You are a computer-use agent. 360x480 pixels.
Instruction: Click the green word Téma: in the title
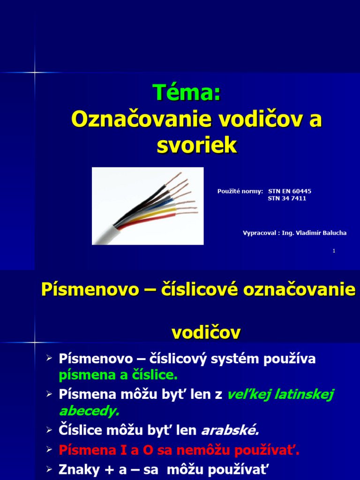(187, 92)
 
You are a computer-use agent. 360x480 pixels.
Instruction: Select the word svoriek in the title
(196, 145)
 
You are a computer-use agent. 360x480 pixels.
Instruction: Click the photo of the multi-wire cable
(148, 206)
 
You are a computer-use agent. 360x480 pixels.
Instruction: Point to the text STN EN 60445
(289, 191)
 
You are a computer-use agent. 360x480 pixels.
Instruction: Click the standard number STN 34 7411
(287, 198)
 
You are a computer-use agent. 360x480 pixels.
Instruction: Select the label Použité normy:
(240, 191)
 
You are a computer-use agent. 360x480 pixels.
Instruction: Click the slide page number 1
(334, 251)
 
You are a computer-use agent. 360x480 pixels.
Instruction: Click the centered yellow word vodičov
(206, 333)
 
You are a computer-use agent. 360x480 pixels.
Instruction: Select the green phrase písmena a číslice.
(118, 375)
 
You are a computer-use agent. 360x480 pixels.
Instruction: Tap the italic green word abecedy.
(89, 411)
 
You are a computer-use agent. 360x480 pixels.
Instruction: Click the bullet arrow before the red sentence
(49, 450)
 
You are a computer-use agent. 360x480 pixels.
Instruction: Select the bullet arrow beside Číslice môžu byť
(49, 429)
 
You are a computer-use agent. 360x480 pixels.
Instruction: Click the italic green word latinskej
(304, 395)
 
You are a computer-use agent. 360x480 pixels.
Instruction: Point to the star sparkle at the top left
(34, 72)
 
